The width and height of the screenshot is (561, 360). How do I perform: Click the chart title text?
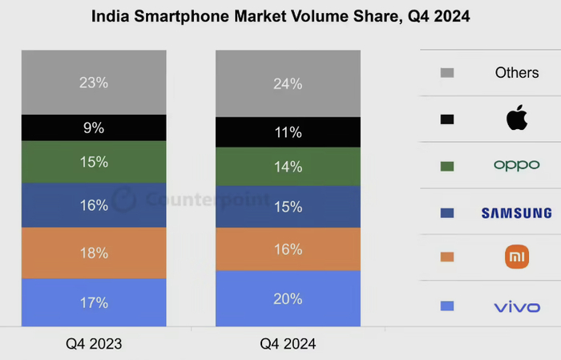pyautogui.click(x=280, y=16)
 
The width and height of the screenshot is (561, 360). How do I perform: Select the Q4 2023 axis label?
pyautogui.click(x=94, y=344)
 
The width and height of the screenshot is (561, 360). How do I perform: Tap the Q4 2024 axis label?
pyautogui.click(x=288, y=344)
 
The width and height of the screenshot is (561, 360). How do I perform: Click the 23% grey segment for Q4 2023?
pyautogui.click(x=94, y=83)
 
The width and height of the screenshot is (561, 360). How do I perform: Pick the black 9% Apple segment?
pyautogui.click(x=94, y=127)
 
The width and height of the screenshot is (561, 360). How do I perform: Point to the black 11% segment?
pyautogui.click(x=288, y=132)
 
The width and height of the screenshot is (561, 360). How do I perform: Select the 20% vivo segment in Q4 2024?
pyautogui.click(x=288, y=298)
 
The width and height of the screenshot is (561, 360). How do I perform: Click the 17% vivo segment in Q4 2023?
pyautogui.click(x=94, y=302)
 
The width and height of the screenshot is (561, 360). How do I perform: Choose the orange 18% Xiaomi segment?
pyautogui.click(x=94, y=253)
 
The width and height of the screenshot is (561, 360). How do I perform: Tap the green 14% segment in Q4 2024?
pyautogui.click(x=288, y=167)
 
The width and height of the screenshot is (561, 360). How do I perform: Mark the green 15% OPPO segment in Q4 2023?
pyautogui.click(x=94, y=162)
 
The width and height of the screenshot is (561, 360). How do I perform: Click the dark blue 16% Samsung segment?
pyautogui.click(x=94, y=205)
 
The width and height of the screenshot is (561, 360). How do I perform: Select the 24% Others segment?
pyautogui.click(x=288, y=83)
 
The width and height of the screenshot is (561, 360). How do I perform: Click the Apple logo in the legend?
pyautogui.click(x=517, y=119)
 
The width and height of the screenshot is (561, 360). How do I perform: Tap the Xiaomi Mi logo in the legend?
pyautogui.click(x=517, y=257)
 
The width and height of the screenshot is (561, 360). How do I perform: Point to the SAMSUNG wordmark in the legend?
pyautogui.click(x=517, y=212)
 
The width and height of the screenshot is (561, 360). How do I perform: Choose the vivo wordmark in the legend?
pyautogui.click(x=517, y=306)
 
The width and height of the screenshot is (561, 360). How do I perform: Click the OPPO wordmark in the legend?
pyautogui.click(x=517, y=165)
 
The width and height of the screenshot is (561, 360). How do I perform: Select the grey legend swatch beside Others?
pyautogui.click(x=447, y=73)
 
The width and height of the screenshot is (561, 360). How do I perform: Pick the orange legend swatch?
pyautogui.click(x=447, y=257)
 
